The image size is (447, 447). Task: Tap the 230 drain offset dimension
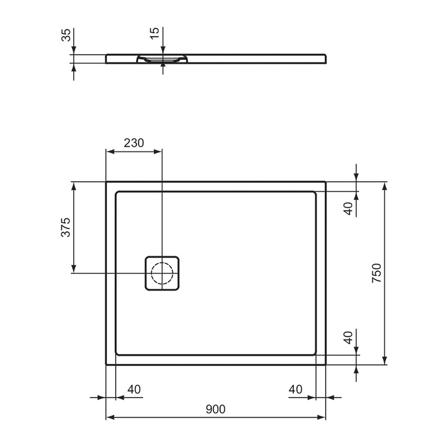click(134, 143)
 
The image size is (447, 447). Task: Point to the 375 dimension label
click(65, 227)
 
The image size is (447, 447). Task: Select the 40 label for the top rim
click(348, 208)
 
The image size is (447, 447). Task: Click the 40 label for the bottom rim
click(348, 337)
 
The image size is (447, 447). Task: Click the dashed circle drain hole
click(162, 272)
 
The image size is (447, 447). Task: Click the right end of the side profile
click(325, 58)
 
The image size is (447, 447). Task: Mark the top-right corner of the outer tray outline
click(326, 182)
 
